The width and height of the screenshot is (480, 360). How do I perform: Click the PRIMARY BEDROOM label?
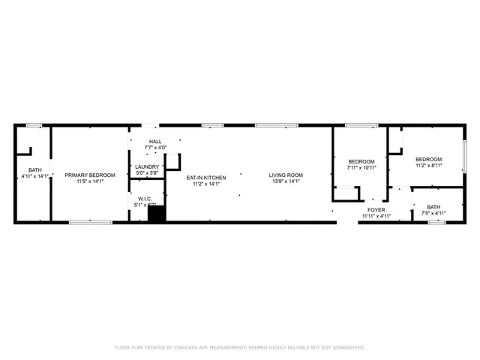click(x=89, y=175)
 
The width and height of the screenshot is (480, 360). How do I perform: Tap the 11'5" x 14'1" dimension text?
click(x=89, y=181)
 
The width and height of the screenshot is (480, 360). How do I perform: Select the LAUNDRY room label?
click(x=147, y=166)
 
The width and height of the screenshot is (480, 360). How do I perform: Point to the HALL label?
click(x=155, y=141)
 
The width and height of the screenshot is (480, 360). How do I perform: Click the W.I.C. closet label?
click(x=145, y=199)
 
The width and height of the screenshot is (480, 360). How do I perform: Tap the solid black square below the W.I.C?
click(x=156, y=214)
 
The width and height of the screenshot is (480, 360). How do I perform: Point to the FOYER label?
click(x=376, y=210)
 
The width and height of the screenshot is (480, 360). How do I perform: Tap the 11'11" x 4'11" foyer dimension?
click(x=376, y=217)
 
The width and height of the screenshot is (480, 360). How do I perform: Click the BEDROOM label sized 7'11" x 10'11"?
click(x=361, y=161)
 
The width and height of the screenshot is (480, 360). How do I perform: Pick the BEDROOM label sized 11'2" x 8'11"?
click(x=428, y=159)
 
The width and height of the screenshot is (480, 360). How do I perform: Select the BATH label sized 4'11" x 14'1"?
click(x=35, y=169)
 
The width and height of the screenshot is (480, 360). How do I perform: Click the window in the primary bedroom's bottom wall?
click(x=91, y=222)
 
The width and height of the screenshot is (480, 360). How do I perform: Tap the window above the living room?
click(x=276, y=124)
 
